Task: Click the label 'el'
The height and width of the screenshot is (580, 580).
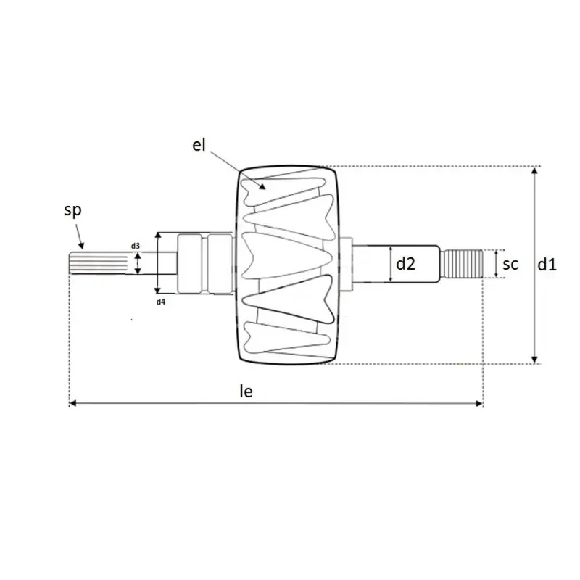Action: tap(199, 145)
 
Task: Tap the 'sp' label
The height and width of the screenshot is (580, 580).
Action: tap(72, 210)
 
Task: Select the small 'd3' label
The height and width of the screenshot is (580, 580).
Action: tap(136, 246)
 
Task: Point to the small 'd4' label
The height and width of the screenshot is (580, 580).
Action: tap(160, 302)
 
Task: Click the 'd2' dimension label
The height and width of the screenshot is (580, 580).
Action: tap(405, 264)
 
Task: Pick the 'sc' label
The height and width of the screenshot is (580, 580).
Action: tap(510, 264)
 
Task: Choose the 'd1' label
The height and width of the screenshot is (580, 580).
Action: tap(547, 265)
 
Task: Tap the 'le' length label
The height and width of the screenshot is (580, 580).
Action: tap(246, 391)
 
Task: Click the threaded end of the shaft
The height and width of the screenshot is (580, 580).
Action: tap(463, 264)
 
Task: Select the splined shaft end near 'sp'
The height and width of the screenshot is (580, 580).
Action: tap(99, 263)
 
